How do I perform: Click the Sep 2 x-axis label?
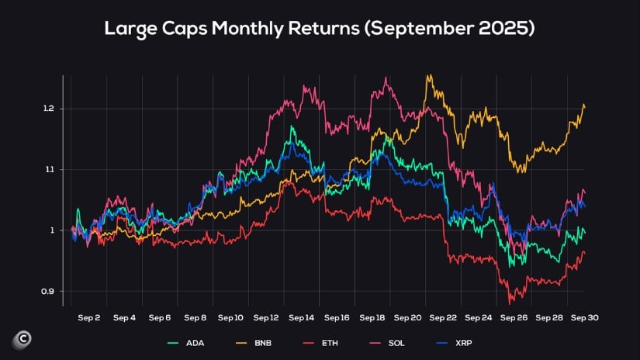pyautogui.click(x=89, y=318)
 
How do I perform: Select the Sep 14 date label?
pyautogui.click(x=301, y=318)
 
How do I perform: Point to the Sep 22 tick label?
pyautogui.click(x=443, y=318)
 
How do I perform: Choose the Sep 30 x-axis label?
pyautogui.click(x=584, y=318)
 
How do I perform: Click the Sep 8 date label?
pyautogui.click(x=195, y=318)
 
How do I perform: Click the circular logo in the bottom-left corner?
pyautogui.click(x=21, y=340)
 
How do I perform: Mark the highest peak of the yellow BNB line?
pyautogui.click(x=427, y=75)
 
